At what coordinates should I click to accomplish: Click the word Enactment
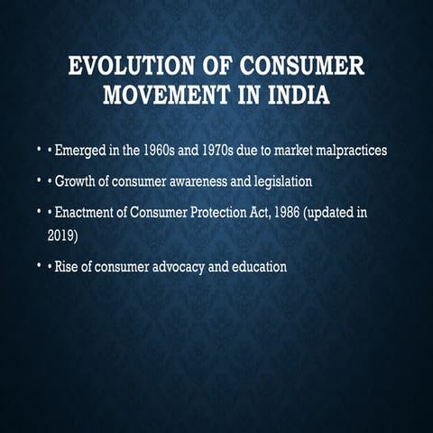tap(91, 214)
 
